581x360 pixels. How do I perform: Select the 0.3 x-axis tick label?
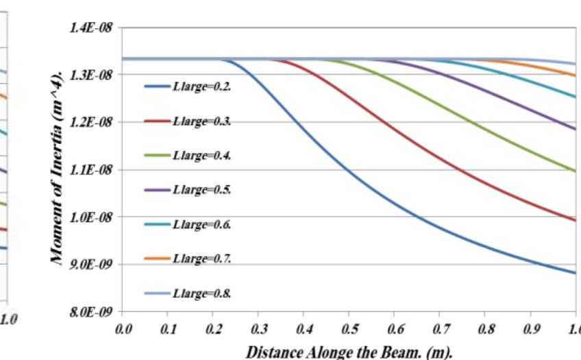tap(258, 330)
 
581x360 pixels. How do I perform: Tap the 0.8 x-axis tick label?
tap(484, 330)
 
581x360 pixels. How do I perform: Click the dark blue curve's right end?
tap(574, 273)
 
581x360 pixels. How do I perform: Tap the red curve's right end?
tap(574, 220)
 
